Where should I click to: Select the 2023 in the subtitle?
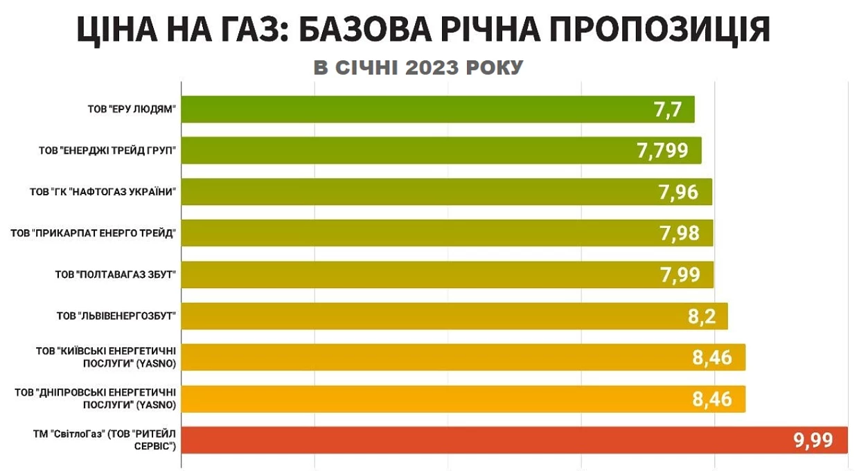432,68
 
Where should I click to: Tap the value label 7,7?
668,109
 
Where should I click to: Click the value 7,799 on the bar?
662,150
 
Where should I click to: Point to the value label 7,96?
678,192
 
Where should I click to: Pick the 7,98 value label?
679,233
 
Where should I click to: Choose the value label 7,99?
680,274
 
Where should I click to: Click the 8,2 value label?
701,316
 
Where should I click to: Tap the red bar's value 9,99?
813,440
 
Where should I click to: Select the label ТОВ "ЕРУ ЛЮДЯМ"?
132,109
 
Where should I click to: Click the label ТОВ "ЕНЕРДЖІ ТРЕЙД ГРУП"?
107,150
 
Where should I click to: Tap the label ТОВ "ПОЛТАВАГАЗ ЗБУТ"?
115,274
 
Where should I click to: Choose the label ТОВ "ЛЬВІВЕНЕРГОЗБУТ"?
116,316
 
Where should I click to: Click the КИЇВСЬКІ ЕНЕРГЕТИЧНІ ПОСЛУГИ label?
106,357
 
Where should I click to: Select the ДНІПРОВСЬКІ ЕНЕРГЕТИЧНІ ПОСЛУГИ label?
96,398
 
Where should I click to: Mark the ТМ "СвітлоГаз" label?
105,440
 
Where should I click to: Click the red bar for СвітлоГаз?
514,440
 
